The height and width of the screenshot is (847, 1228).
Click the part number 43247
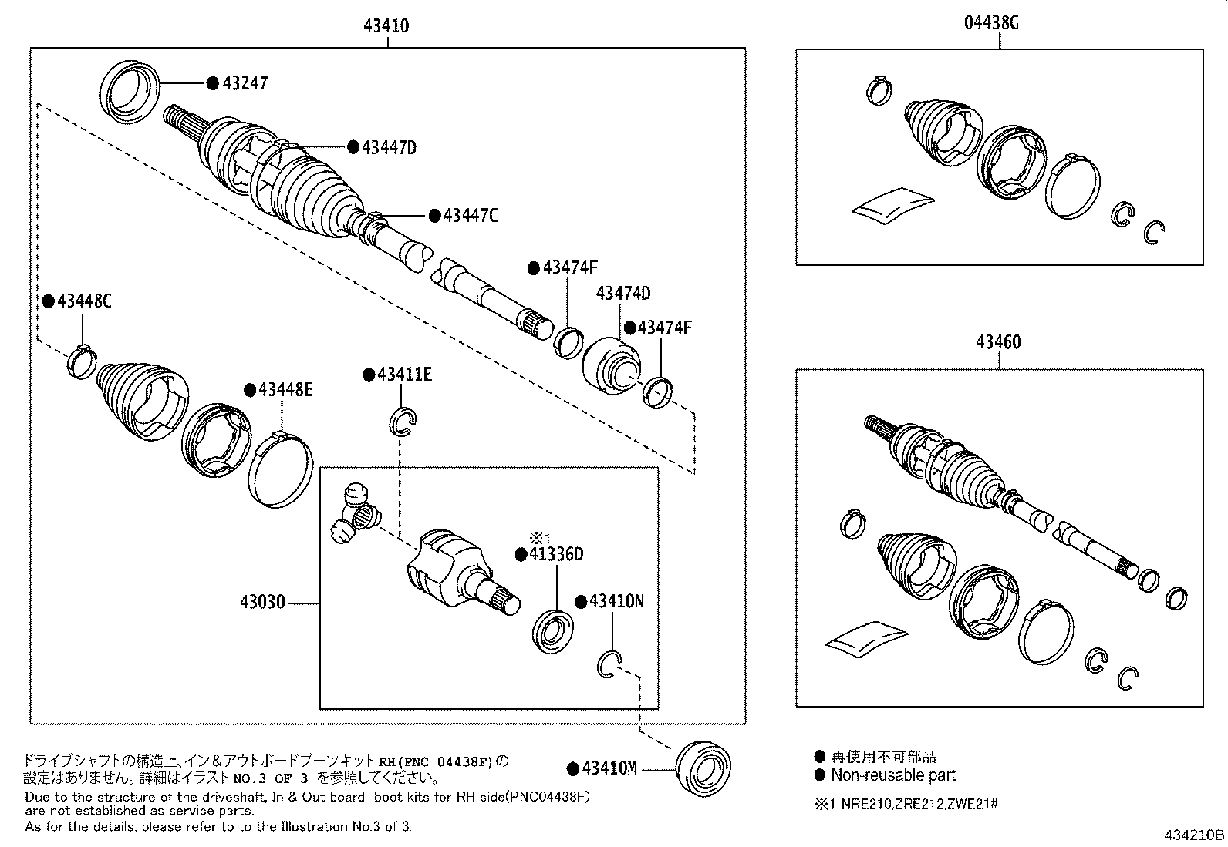245,82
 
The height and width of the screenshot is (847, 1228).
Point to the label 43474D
622,293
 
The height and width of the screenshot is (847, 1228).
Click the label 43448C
83,301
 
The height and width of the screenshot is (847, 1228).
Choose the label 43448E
285,389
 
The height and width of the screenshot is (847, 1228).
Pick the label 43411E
403,375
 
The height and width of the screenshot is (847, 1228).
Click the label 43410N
616,600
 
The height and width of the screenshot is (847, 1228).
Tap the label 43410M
609,768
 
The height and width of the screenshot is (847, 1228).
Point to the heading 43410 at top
386,26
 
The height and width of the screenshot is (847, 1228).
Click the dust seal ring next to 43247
130,89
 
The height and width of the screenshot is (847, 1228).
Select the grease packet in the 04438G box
892,204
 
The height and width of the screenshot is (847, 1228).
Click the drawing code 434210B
1195,835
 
